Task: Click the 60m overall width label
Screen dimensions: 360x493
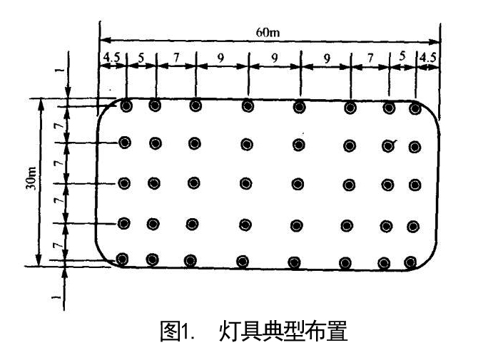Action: pos(268,32)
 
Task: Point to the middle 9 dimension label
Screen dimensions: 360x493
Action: pos(273,58)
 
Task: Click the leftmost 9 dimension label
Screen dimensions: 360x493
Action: pos(220,58)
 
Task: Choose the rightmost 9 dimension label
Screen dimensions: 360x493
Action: pos(326,58)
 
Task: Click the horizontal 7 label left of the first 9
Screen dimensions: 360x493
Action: pos(176,56)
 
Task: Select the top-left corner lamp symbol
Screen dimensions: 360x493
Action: pos(127,106)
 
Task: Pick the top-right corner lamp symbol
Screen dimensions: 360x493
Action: pos(415,109)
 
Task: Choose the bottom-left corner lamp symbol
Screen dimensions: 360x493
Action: pos(123,259)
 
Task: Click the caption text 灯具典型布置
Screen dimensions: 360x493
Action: pos(283,332)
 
